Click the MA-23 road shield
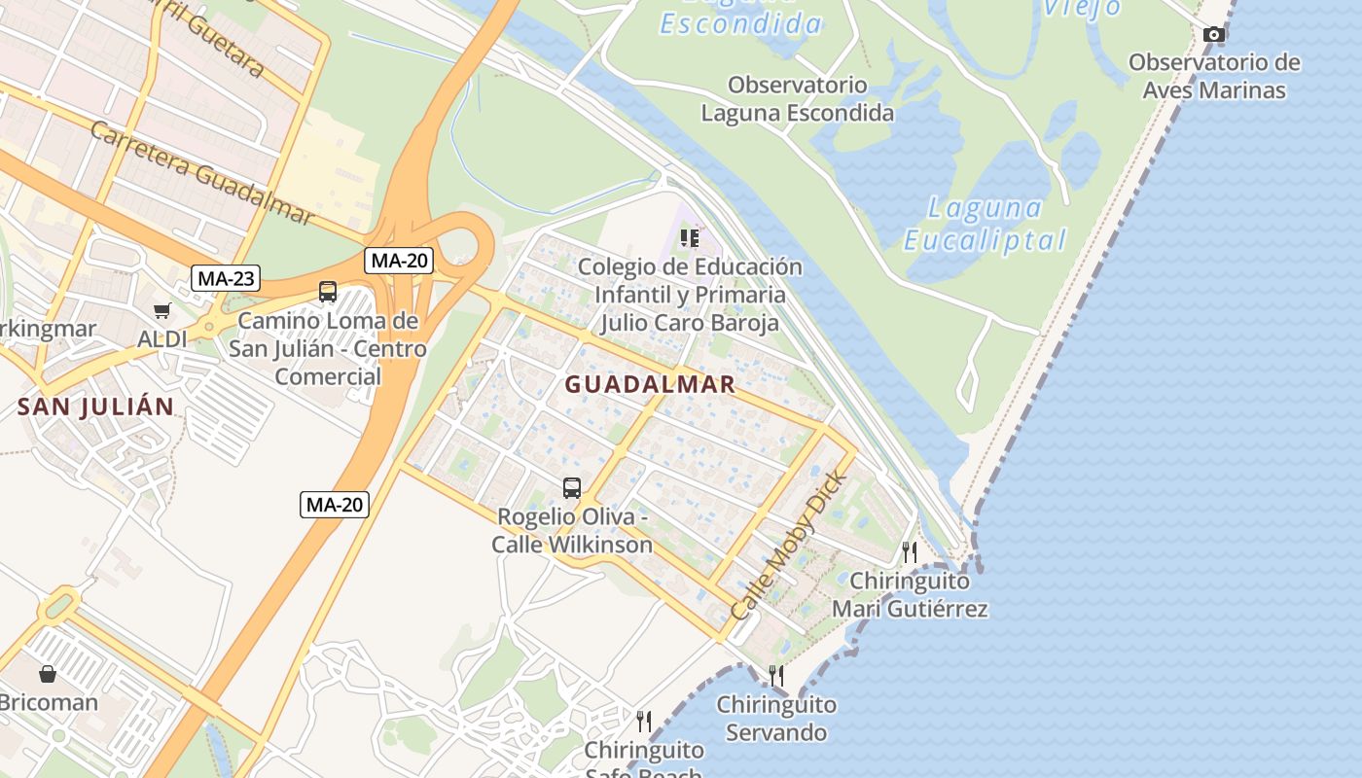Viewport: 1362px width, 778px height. click(226, 279)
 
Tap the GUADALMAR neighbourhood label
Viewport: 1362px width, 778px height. click(650, 384)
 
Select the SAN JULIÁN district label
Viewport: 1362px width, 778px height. click(95, 407)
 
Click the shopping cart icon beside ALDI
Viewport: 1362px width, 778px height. click(161, 311)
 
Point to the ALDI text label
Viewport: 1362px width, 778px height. click(161, 339)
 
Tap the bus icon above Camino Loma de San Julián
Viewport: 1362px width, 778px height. click(328, 291)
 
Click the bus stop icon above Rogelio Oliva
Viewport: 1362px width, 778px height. click(572, 488)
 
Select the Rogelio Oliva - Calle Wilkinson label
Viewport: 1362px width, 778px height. click(572, 530)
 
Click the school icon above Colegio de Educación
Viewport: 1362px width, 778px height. click(690, 238)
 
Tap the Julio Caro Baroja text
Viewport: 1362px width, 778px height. click(690, 322)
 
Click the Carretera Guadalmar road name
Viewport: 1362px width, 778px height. click(203, 172)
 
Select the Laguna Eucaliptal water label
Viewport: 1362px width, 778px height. click(985, 223)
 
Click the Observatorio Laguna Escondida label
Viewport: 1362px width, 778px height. click(798, 98)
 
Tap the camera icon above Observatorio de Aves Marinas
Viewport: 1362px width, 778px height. click(1213, 35)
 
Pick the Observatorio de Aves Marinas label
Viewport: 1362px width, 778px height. click(1214, 76)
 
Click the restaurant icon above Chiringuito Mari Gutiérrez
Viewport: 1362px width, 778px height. click(910, 551)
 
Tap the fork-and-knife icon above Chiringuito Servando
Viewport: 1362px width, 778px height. click(776, 675)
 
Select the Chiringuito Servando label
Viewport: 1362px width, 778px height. click(776, 718)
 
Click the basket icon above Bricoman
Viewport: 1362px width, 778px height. click(48, 673)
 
